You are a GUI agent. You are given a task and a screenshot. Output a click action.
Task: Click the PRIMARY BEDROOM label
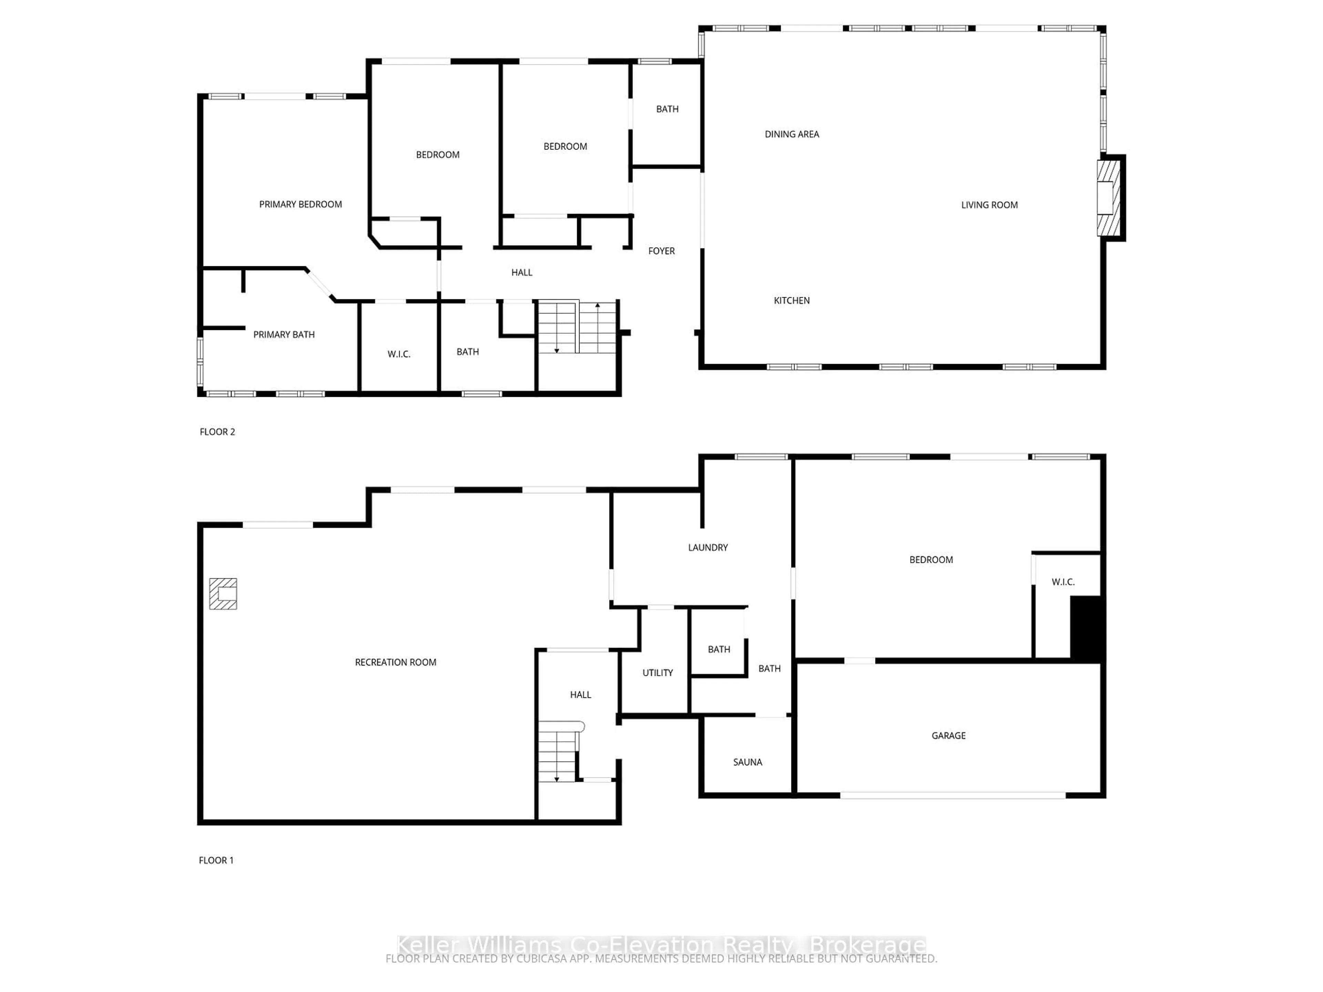tap(300, 205)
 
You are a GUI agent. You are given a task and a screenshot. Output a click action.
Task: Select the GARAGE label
tap(948, 735)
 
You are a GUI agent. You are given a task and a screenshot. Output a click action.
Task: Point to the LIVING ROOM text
tap(989, 205)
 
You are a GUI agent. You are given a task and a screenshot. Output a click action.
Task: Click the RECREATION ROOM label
tap(395, 662)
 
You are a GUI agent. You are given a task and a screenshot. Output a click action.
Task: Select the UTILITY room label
tap(657, 673)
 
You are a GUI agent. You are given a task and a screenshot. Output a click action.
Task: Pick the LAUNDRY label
tap(708, 547)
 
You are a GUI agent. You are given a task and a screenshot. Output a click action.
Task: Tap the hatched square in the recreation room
tap(223, 594)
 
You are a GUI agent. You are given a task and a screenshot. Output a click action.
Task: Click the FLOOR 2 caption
tap(217, 432)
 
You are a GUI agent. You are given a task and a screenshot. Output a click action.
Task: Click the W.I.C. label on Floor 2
tap(398, 354)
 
